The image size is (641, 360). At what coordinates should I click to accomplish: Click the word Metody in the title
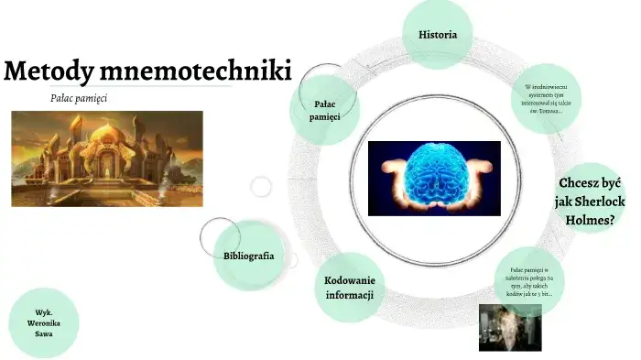pos(47,71)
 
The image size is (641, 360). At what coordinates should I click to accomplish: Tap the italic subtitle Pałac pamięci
pos(80,98)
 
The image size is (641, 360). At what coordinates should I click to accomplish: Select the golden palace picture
pos(107,158)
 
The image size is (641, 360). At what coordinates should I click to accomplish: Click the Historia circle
pos(438,35)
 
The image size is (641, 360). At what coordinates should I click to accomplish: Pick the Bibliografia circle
pos(248,256)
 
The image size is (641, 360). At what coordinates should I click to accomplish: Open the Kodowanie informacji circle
pos(349,287)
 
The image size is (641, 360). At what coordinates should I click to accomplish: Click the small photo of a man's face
pos(509,326)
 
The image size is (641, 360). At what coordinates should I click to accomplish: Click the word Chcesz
pos(579,182)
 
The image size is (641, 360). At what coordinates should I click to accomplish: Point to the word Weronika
pos(42,323)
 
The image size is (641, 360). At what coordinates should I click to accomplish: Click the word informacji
pos(349,295)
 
